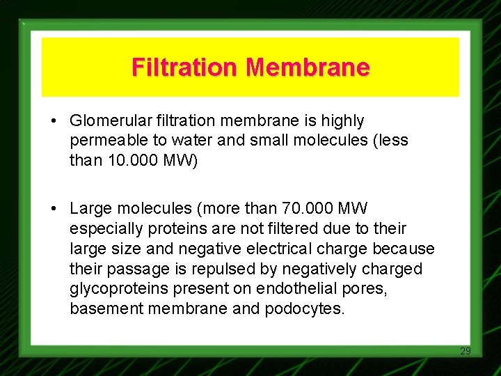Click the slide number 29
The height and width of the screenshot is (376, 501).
(x=466, y=351)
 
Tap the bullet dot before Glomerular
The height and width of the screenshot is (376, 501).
(x=53, y=121)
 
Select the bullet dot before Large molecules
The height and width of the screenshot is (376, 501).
(x=53, y=208)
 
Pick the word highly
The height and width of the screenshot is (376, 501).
(x=341, y=121)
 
